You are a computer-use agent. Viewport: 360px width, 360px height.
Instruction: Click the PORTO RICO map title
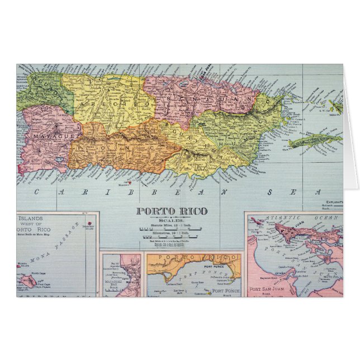pos(172,211)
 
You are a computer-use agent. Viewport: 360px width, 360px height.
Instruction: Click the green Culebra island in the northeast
pos(336,106)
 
